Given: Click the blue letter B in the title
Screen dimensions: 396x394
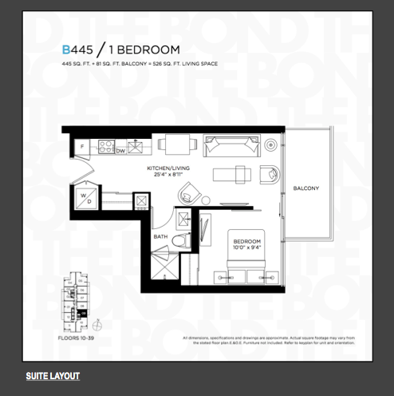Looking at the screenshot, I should (x=67, y=49).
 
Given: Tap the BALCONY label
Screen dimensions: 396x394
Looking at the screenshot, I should (x=306, y=188).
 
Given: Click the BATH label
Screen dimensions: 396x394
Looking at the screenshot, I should (x=160, y=236).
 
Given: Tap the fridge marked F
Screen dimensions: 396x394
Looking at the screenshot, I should (x=82, y=148).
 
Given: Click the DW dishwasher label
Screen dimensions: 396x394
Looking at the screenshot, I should (x=120, y=150).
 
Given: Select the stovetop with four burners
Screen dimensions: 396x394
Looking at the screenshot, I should (x=104, y=146).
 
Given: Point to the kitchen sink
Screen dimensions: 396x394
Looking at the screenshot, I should (x=136, y=146).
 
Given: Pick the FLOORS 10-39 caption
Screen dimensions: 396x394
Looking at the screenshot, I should (x=80, y=339).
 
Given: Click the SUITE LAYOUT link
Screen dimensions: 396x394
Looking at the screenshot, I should (x=53, y=375).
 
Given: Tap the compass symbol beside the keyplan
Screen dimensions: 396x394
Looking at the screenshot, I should (x=97, y=325).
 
